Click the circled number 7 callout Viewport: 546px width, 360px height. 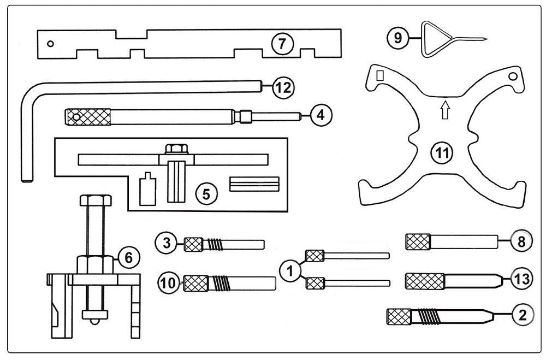pyautogui.click(x=282, y=43)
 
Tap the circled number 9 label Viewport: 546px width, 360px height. pyautogui.click(x=396, y=38)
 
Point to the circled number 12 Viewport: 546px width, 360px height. pyautogui.click(x=282, y=87)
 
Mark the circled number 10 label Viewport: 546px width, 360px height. pyautogui.click(x=168, y=283)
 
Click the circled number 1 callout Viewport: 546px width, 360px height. pyautogui.click(x=290, y=269)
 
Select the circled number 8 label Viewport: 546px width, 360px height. pyautogui.click(x=521, y=241)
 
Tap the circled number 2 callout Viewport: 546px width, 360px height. pyautogui.click(x=522, y=315)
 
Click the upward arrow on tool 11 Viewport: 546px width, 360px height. pyautogui.click(x=444, y=111)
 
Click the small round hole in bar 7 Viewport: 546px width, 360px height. pyautogui.click(x=50, y=44)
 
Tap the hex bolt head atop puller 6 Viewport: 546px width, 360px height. pyautogui.click(x=96, y=200)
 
